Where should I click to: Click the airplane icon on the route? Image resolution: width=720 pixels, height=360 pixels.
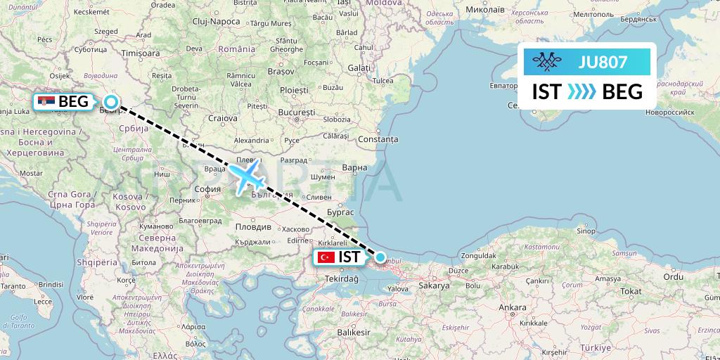(245, 176)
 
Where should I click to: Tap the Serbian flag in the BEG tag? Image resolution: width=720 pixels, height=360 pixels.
(47, 102)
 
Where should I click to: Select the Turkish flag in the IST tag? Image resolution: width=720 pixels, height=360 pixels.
(326, 257)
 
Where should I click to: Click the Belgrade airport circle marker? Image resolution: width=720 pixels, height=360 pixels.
(110, 102)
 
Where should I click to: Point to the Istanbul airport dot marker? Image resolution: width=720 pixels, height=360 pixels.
(380, 257)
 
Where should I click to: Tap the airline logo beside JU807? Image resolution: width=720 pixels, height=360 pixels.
(548, 62)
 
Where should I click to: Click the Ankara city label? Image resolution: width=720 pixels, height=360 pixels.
(512, 308)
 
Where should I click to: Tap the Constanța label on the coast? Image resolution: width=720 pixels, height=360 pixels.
(378, 139)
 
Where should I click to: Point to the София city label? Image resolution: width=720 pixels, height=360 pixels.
(207, 189)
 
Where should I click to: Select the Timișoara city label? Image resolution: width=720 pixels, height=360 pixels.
(141, 53)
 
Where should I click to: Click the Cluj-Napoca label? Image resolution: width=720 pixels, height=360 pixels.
(215, 22)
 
